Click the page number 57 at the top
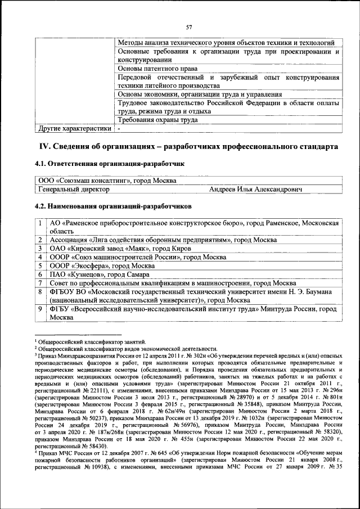tap(190, 27)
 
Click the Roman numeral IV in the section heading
tap(44, 146)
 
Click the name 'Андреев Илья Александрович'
tap(255, 190)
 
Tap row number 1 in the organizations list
tap(41, 223)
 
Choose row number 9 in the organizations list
tap(41, 309)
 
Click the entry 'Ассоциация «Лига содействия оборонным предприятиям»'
tap(141, 240)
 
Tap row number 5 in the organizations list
tap(41, 265)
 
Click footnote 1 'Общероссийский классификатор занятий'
tap(92, 341)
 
